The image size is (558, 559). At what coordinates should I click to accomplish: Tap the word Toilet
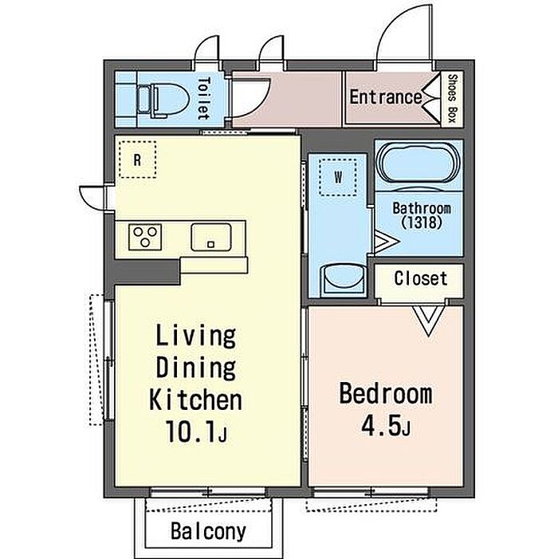[x=203, y=99]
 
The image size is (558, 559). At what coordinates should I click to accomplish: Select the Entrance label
[x=386, y=97]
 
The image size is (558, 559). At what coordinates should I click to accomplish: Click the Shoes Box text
[x=452, y=98]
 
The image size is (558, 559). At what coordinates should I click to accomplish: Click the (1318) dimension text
[x=422, y=222]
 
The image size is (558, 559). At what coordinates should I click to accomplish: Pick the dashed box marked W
[x=338, y=177]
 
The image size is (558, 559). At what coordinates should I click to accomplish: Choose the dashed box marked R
[x=138, y=159]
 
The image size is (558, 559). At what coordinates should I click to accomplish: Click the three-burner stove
[x=145, y=237]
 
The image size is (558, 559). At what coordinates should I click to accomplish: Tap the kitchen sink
[x=211, y=237]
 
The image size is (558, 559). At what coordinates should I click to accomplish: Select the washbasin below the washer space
[x=344, y=280]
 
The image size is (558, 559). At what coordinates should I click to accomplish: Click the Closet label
[x=421, y=278]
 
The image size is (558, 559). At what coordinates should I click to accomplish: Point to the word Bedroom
[x=386, y=394]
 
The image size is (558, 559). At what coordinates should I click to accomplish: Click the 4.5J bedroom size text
[x=386, y=425]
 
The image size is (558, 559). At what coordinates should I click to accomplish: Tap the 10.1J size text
[x=196, y=431]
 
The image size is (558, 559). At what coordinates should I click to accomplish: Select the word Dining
[x=196, y=368]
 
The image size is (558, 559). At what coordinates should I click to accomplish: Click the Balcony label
[x=208, y=532]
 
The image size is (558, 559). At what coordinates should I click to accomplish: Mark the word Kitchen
[x=195, y=400]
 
